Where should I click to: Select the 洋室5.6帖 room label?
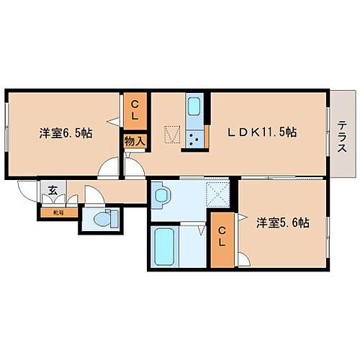pos(283,223)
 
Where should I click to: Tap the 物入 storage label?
pos(135,141)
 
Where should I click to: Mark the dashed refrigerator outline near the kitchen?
pos(172,135)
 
